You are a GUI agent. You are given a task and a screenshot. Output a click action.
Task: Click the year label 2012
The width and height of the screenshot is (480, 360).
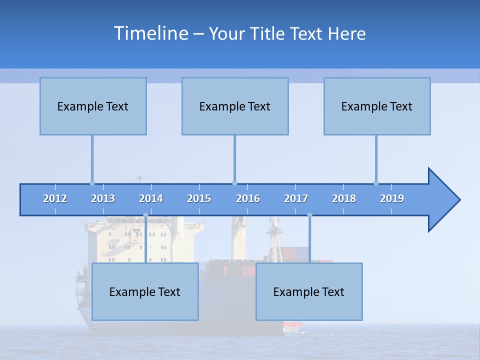coord(55,198)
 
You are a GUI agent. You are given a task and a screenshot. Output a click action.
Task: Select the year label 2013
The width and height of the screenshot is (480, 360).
coord(103,198)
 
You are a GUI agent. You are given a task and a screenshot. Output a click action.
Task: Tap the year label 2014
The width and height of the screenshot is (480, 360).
coord(151,198)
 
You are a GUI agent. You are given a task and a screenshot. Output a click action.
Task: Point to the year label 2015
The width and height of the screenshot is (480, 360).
coord(199,198)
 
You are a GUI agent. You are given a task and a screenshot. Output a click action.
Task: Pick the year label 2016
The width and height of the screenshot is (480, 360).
coord(248,198)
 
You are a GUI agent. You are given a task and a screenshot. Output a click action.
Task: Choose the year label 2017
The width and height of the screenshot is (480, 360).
coord(296,198)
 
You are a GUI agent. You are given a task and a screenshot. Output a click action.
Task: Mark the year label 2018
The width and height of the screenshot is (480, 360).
coord(344,198)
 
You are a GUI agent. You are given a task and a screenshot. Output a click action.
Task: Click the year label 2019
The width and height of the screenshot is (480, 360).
coord(392,198)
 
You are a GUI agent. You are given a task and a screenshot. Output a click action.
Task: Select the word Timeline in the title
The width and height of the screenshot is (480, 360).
coord(151,33)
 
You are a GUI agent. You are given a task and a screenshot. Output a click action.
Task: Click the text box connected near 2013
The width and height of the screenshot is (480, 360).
coord(93,106)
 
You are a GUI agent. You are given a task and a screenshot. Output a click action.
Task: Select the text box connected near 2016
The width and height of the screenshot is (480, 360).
coord(235,106)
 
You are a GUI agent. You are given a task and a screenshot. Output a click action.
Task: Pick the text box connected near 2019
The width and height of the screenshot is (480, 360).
coord(377,106)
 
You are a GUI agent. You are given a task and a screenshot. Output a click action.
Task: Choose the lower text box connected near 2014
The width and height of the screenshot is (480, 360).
coord(145,291)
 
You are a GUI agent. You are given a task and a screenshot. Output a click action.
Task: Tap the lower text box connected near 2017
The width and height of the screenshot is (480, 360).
coord(309,291)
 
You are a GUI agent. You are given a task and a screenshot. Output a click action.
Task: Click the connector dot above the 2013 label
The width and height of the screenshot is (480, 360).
coord(92,183)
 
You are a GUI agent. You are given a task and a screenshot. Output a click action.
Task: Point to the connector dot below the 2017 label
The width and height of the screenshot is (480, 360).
coord(309,215)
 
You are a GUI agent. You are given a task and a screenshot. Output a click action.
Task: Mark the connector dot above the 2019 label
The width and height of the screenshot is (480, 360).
coord(376,183)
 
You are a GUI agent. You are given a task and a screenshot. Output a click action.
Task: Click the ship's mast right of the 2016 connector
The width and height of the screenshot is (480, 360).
coord(273,240)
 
